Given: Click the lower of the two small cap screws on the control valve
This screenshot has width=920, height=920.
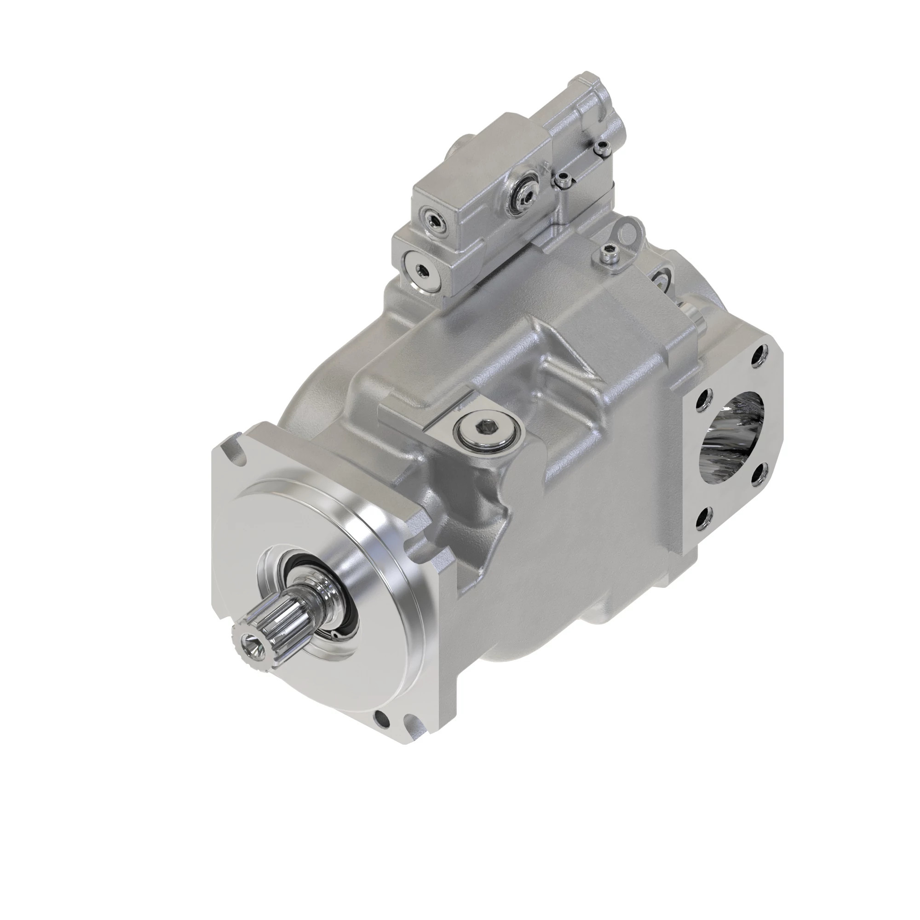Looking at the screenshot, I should [x=561, y=179].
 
